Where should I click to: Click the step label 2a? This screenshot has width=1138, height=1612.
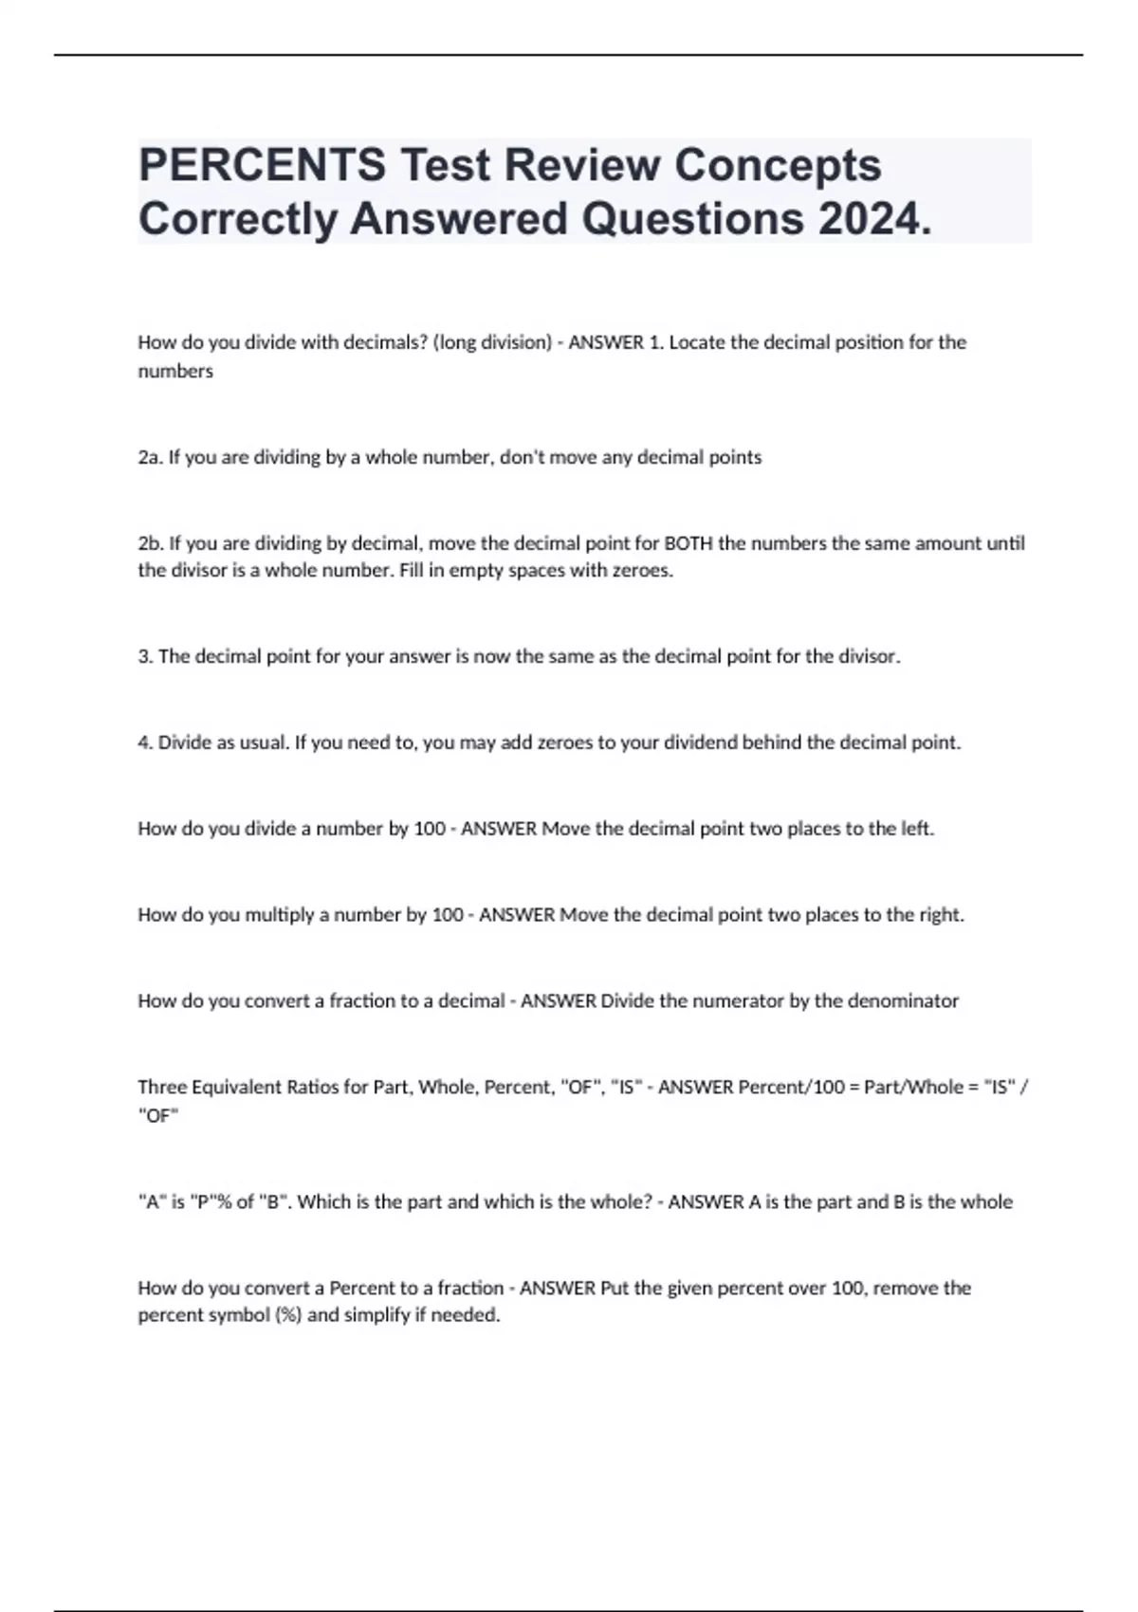150,457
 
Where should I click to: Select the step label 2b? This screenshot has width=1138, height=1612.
150,543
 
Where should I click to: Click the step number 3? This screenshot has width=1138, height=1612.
144,656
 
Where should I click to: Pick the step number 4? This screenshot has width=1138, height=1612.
144,742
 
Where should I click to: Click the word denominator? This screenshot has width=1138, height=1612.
901,1001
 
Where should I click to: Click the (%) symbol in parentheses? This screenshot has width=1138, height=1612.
287,1316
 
